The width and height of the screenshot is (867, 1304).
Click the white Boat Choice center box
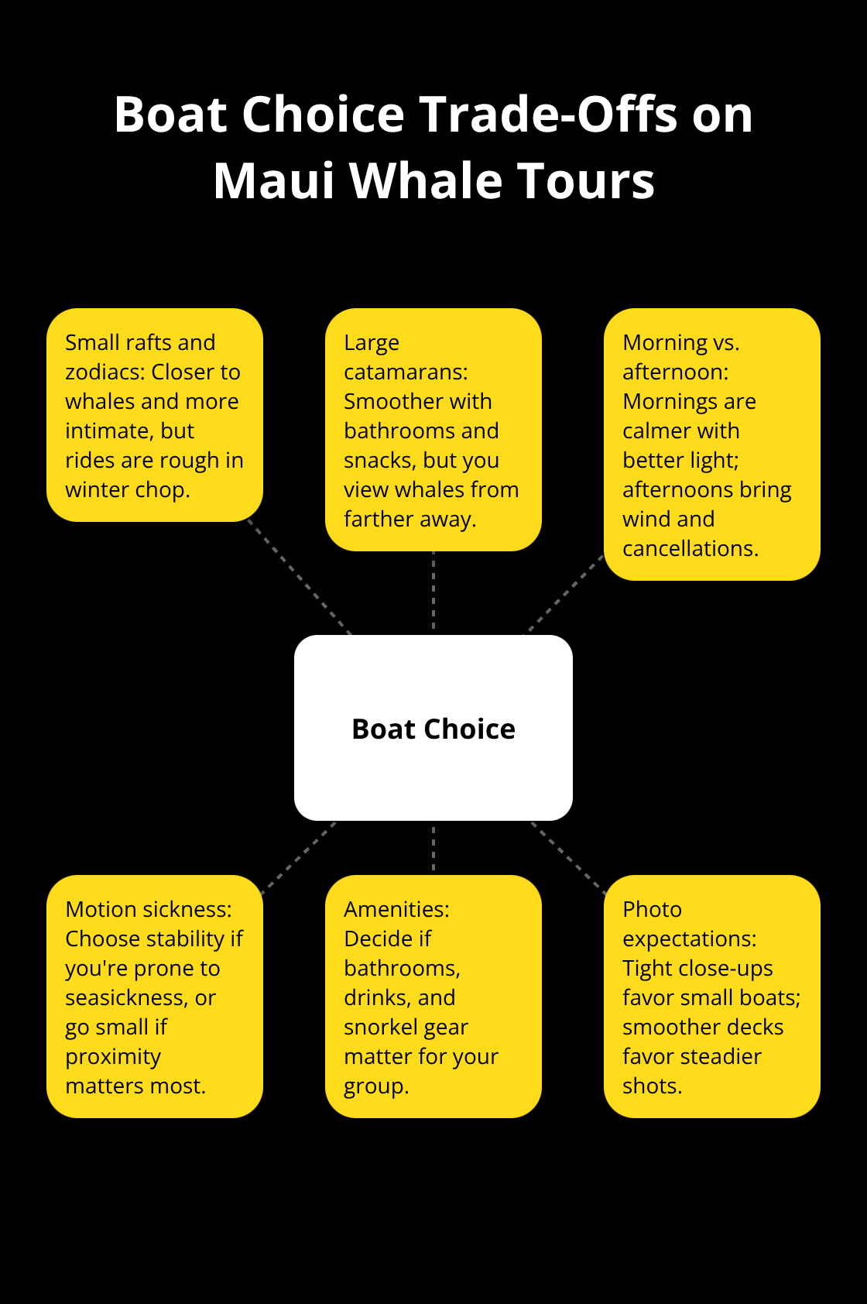pos(433,728)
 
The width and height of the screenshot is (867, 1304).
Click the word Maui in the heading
pos(273,180)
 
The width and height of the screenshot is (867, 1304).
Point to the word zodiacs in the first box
pos(105,372)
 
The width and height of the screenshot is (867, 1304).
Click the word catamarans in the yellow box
pos(406,372)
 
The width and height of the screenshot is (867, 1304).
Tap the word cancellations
pos(691,548)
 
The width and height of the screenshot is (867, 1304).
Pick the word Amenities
pos(396,909)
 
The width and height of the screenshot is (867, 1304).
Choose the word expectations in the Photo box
pos(690,939)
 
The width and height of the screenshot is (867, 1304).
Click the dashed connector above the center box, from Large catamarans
pos(433,593)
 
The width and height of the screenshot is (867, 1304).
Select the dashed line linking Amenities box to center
pos(433,848)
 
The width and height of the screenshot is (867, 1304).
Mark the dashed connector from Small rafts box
pos(300,577)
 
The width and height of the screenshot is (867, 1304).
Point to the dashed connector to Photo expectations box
pos(568,856)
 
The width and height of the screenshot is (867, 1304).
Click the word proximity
pos(113,1057)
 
